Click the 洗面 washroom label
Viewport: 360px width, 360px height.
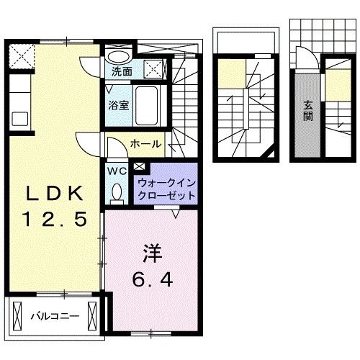[x=122, y=72]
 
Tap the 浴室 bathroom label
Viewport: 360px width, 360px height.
[x=119, y=105]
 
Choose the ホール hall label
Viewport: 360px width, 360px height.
[x=145, y=144]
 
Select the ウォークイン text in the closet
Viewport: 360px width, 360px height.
[x=164, y=183]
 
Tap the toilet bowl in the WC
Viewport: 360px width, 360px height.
[x=117, y=192]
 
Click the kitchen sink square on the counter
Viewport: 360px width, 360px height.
[x=19, y=118]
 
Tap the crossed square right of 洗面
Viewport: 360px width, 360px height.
[x=153, y=70]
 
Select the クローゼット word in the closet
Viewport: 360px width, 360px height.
[x=164, y=195]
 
